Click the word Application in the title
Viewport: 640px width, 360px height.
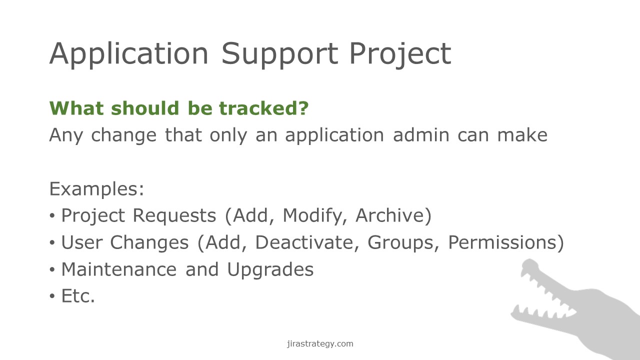pos(129,54)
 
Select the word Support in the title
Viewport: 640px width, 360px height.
pos(279,54)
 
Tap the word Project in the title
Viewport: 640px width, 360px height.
pos(400,54)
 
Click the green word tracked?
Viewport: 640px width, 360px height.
pos(263,108)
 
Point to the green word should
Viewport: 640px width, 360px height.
pos(145,108)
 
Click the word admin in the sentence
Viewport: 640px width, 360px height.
pos(421,135)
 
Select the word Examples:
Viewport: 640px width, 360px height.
pos(96,189)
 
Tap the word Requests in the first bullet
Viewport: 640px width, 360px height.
pos(174,215)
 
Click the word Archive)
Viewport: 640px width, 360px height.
pos(393,215)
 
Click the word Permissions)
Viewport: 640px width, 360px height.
pos(506,242)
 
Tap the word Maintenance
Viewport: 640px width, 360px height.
pos(119,269)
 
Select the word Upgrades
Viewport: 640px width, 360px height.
pos(270,270)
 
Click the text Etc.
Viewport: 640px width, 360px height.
pos(78,296)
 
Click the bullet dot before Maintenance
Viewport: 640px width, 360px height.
pos(52,269)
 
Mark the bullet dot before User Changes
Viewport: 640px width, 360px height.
pos(52,242)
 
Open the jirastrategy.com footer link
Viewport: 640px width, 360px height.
pos(320,343)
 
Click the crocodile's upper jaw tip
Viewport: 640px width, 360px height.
pos(529,261)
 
